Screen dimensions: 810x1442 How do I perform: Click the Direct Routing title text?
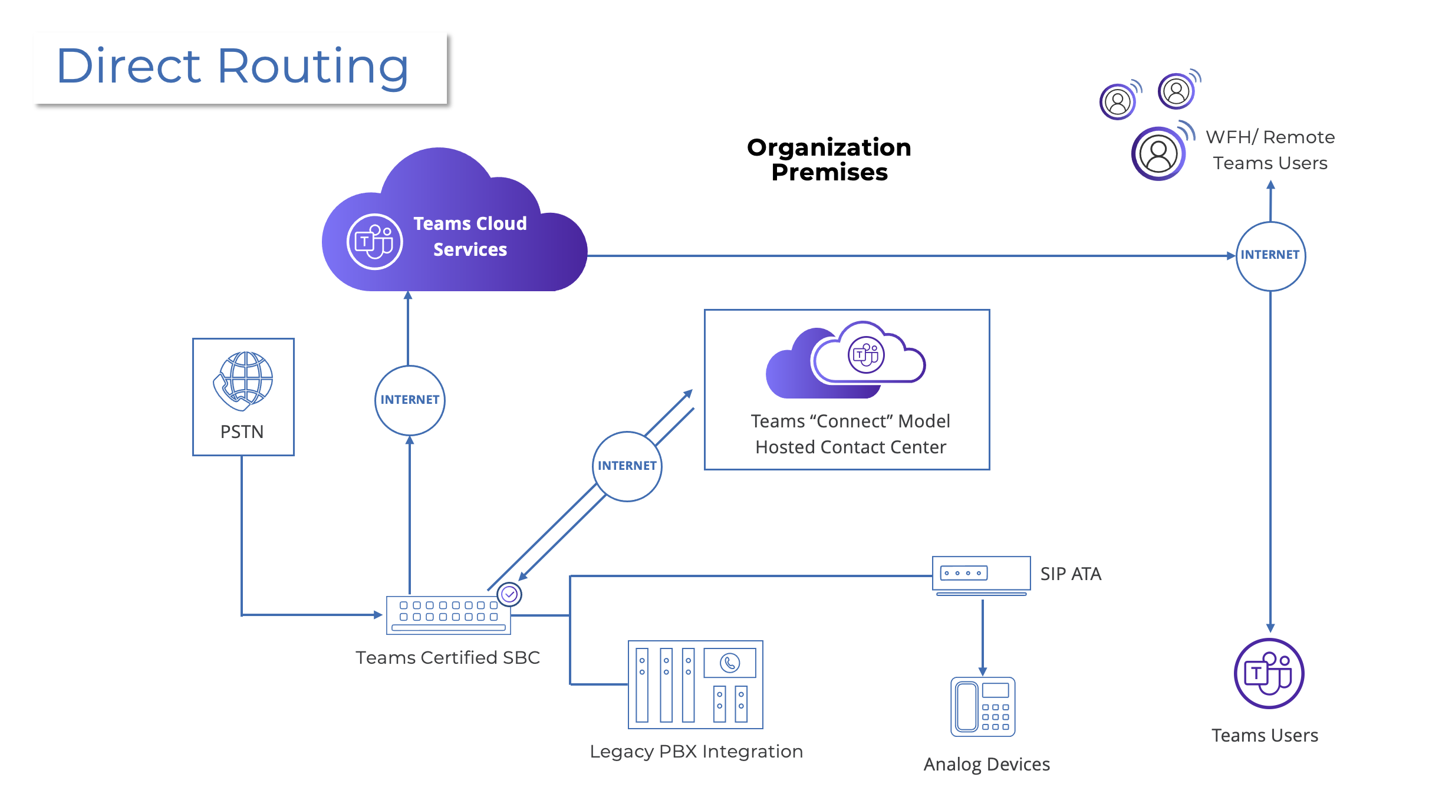(232, 67)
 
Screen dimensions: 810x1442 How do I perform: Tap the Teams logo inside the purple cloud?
(374, 242)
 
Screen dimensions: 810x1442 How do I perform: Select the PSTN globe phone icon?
(243, 381)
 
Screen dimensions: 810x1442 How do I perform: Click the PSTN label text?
(242, 432)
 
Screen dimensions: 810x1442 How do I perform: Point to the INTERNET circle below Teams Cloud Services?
(410, 400)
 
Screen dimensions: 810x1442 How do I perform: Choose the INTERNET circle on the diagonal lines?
(627, 466)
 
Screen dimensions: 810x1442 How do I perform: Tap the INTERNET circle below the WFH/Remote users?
(1270, 255)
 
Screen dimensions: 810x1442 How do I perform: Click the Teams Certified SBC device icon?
(448, 615)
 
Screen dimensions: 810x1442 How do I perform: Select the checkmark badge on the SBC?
(509, 594)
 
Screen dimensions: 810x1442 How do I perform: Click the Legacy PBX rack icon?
(695, 684)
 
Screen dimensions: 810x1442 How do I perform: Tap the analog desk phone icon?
(982, 707)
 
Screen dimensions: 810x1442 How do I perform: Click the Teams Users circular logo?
(1269, 674)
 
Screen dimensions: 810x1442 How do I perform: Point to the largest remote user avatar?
(1158, 154)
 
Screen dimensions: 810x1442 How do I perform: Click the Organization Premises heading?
(829, 160)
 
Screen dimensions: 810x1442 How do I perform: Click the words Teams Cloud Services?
(470, 236)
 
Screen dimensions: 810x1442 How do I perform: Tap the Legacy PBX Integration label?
(696, 752)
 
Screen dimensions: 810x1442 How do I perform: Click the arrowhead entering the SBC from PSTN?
(378, 615)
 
